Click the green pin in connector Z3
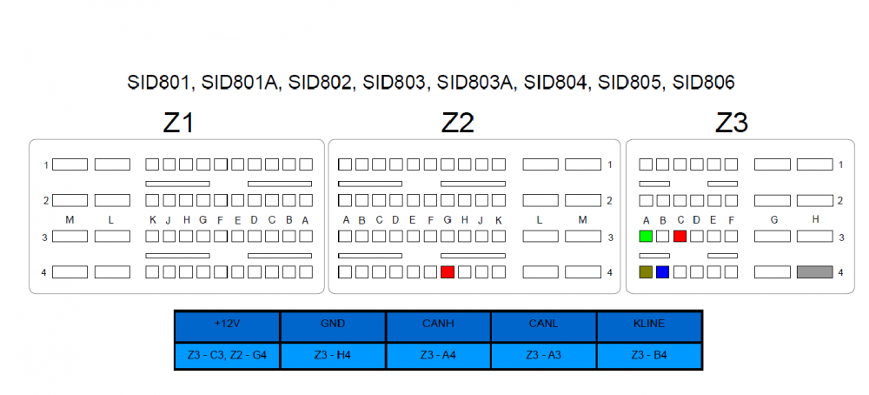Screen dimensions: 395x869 [645, 236]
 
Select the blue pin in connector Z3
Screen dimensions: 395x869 [662, 272]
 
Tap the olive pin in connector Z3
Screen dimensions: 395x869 [645, 272]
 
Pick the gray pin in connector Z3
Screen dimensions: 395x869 [814, 272]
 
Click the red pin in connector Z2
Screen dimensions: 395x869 [448, 272]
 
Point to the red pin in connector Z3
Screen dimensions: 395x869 [680, 236]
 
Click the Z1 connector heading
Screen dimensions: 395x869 [178, 124]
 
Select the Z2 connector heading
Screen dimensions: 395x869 [457, 124]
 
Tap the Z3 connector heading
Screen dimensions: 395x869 [732, 124]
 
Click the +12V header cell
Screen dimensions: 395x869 [227, 325]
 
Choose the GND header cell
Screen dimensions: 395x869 [333, 325]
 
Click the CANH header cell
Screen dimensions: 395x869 [438, 325]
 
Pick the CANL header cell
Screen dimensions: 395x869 [543, 325]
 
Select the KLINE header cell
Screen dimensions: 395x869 [648, 325]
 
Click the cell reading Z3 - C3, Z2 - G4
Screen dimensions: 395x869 [227, 355]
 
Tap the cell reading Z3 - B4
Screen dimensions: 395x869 [648, 355]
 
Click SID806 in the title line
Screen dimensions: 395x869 [704, 84]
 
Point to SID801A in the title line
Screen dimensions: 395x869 [240, 84]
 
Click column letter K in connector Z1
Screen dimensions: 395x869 [153, 220]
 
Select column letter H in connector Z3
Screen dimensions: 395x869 [815, 220]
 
